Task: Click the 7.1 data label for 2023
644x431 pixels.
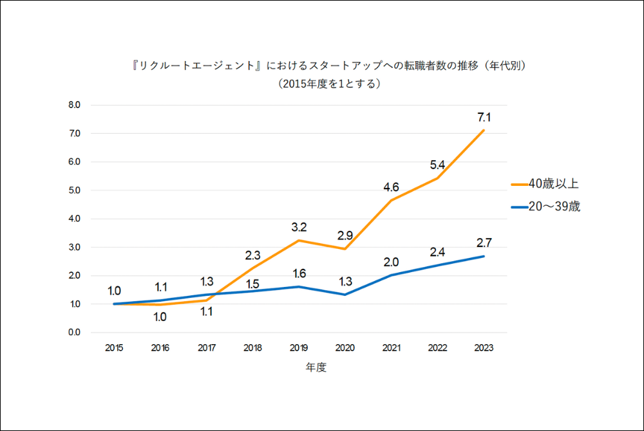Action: click(483, 117)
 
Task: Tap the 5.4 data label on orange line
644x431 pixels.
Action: click(437, 165)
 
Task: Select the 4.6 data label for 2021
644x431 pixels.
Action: click(391, 187)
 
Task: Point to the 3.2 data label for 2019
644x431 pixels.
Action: click(298, 227)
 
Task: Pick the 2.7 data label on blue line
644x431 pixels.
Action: click(483, 243)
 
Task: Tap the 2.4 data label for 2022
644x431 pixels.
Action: click(437, 252)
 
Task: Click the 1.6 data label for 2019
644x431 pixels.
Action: click(298, 273)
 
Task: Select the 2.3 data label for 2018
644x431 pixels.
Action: click(252, 255)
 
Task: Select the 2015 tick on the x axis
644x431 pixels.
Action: click(114, 348)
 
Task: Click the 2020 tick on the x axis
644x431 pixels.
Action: click(345, 348)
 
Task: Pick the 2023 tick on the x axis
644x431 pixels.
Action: click(483, 348)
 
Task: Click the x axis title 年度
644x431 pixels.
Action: click(316, 368)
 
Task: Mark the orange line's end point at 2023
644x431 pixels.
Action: click(484, 131)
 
